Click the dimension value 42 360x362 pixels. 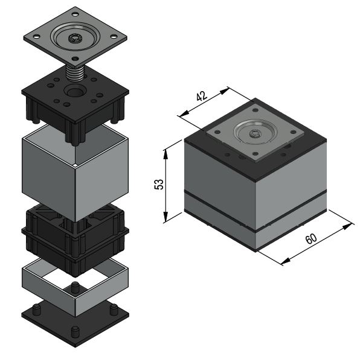coord(202,96)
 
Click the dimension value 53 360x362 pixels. coord(159,184)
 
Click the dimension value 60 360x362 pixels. coord(311,238)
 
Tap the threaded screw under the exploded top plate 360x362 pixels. coord(75,73)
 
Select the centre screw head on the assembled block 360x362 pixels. coord(255,133)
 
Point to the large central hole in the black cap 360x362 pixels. coord(75,91)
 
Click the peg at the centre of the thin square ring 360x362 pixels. coord(74,287)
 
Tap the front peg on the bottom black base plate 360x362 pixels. coord(74,332)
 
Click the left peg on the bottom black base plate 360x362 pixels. coord(36,310)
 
